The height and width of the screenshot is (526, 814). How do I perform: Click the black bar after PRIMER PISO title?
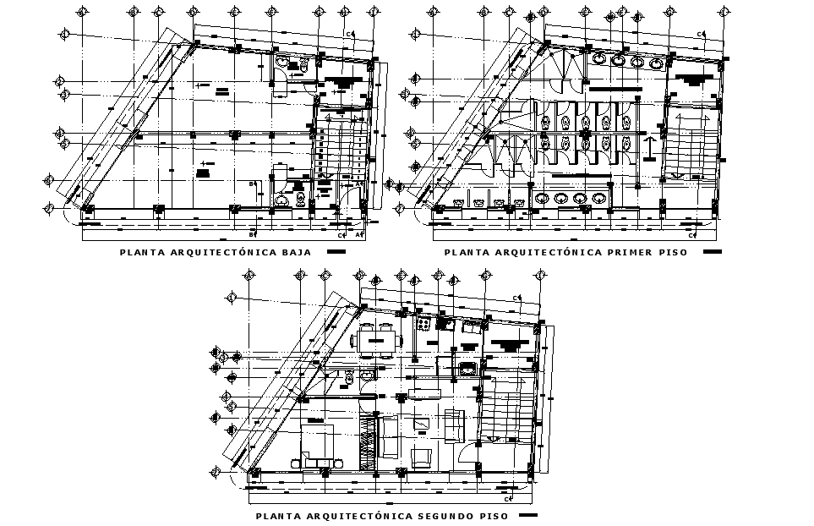point(713,252)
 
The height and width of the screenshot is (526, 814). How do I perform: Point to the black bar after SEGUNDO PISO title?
point(528,515)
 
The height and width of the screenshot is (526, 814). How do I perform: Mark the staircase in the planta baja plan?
point(341,152)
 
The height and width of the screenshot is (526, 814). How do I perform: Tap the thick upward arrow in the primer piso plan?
point(648,148)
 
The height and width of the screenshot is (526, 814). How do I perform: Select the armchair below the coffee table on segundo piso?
point(422,458)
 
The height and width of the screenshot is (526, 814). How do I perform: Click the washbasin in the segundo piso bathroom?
point(347,376)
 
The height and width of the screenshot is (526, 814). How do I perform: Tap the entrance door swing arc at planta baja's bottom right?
point(347,195)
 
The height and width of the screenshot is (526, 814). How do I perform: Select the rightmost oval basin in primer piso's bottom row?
point(598,199)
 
